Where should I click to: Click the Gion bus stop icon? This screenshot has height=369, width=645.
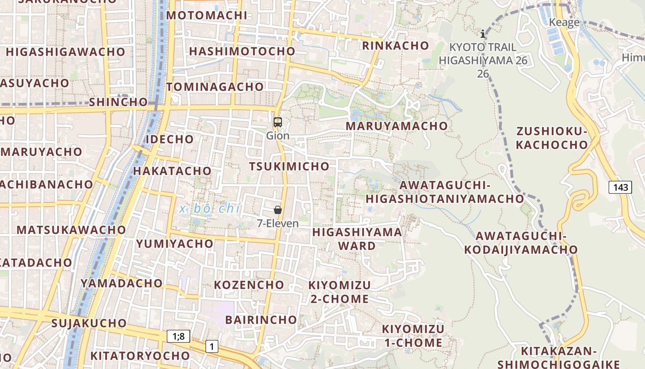(x=277, y=122)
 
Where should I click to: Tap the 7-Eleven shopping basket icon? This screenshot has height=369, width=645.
(x=278, y=210)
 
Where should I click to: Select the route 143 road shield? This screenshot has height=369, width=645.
(x=620, y=187)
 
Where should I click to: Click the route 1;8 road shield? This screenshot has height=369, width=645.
(x=178, y=336)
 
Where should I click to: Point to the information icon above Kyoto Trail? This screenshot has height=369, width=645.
(x=483, y=34)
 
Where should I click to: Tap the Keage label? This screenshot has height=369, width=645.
(x=564, y=23)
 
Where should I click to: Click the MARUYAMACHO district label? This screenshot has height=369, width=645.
(x=397, y=126)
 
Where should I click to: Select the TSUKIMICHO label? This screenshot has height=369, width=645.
(x=289, y=167)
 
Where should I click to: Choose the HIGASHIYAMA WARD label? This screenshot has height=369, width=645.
(x=357, y=238)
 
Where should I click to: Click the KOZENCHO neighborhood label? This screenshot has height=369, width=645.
(x=249, y=285)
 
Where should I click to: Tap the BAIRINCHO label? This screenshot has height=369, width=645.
(x=261, y=320)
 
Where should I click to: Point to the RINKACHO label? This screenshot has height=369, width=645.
(x=395, y=46)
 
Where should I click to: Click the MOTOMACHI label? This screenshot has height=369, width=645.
(x=207, y=15)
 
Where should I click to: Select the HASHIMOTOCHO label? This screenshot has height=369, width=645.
(x=242, y=51)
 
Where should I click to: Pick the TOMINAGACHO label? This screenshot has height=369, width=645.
(x=215, y=87)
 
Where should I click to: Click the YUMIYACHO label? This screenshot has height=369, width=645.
(x=175, y=244)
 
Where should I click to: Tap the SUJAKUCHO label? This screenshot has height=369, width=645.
(x=89, y=323)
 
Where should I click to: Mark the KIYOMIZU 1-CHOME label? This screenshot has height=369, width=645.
(x=413, y=336)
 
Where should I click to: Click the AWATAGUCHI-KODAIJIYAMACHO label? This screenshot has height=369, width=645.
(x=521, y=243)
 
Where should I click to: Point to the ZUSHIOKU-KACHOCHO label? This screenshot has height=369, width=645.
(x=552, y=138)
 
